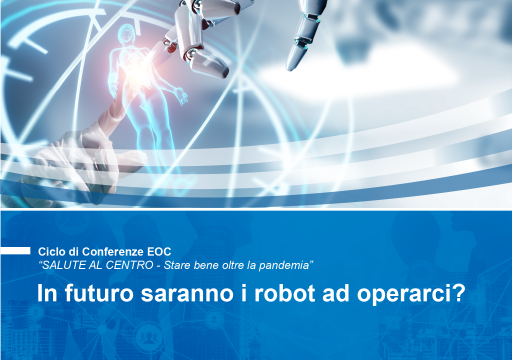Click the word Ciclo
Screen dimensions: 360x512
[51, 249]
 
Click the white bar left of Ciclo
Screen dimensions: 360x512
[15, 250]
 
